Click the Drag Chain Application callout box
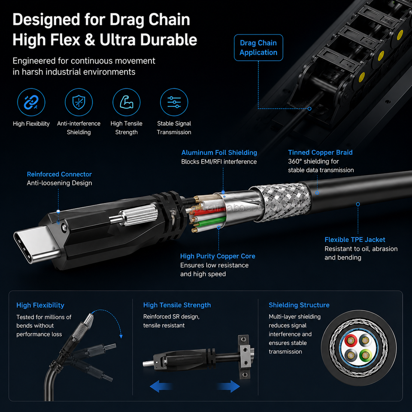click(258, 48)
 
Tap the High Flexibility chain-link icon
click(31, 102)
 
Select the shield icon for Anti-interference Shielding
click(79, 102)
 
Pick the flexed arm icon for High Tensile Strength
click(126, 102)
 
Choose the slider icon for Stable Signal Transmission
click(174, 102)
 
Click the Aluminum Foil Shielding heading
click(219, 153)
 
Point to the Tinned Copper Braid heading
click(320, 152)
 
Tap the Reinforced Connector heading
click(59, 174)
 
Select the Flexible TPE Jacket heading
click(355, 239)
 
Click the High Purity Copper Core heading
click(218, 256)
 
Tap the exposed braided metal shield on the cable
click(281, 202)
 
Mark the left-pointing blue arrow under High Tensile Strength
click(160, 386)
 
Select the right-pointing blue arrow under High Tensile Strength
click(229, 386)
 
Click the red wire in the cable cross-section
click(350, 340)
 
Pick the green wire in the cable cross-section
click(365, 355)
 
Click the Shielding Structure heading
click(299, 305)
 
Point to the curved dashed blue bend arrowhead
click(121, 336)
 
